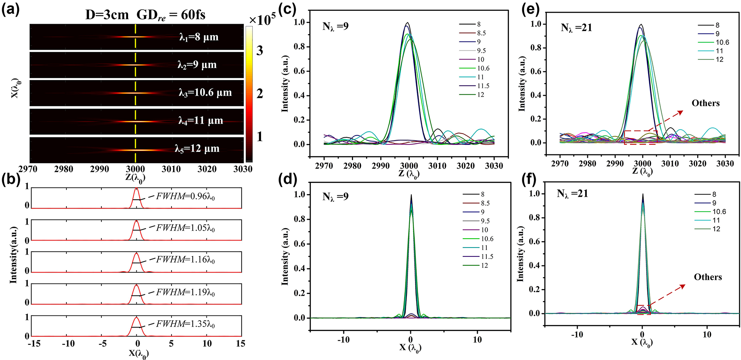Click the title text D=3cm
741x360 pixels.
(107, 15)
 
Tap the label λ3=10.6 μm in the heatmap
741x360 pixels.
(205, 92)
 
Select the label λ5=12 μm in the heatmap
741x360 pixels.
(197, 148)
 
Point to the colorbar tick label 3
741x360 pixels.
(260, 51)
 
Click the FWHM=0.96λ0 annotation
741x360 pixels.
(185, 196)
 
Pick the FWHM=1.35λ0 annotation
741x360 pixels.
(185, 324)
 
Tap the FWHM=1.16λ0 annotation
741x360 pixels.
(185, 259)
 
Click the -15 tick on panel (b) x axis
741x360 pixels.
(34, 344)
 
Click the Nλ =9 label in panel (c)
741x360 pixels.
(335, 26)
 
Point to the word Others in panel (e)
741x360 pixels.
(705, 103)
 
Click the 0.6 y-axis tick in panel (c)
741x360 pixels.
(299, 71)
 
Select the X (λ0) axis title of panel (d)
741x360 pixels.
(410, 348)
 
